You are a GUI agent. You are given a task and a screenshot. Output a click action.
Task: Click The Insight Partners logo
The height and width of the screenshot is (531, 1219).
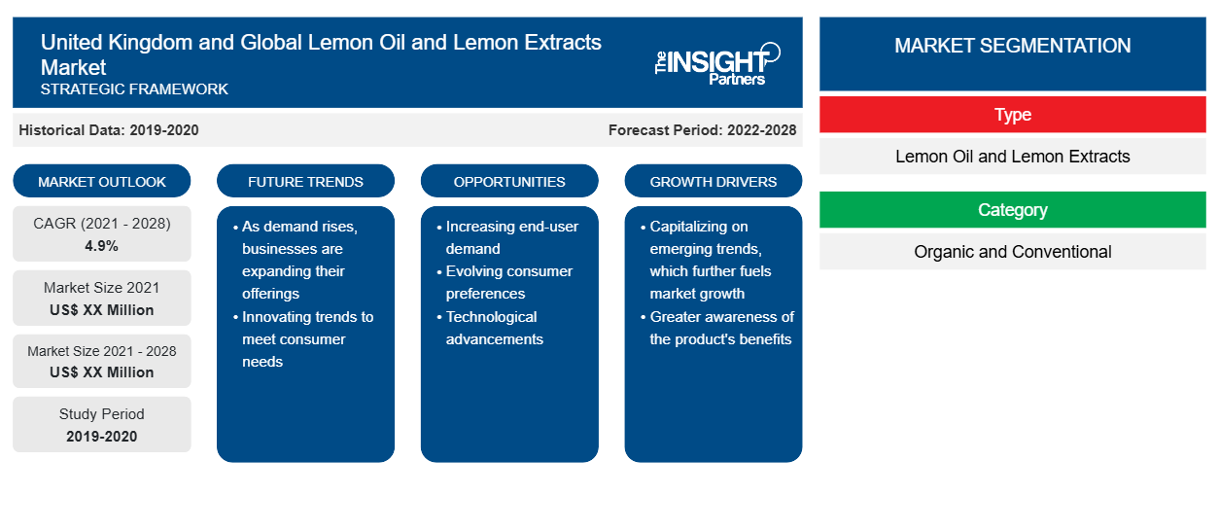click(717, 64)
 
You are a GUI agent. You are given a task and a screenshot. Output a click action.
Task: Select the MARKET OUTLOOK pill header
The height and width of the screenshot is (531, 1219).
click(102, 181)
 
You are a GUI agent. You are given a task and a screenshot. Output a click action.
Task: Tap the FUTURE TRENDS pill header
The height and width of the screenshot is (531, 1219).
click(305, 181)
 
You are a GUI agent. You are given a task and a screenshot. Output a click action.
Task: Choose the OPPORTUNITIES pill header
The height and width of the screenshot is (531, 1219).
click(509, 181)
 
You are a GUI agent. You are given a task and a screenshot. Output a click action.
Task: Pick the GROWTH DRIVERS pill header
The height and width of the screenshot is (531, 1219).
click(713, 181)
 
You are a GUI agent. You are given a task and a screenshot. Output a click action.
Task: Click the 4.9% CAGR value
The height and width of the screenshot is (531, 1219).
click(101, 246)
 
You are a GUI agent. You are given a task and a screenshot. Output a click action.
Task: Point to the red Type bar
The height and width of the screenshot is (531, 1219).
click(1012, 115)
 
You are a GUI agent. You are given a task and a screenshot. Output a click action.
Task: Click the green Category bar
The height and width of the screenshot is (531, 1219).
click(1012, 210)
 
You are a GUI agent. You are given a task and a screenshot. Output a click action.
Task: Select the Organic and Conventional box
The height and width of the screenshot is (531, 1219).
click(1012, 252)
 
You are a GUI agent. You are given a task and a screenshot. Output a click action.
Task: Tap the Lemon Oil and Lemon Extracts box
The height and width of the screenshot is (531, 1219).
click(1012, 157)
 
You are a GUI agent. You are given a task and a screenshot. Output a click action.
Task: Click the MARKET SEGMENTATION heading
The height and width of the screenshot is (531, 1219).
click(1012, 46)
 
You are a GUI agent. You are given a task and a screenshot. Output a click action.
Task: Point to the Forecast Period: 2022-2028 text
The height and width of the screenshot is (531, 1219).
click(702, 130)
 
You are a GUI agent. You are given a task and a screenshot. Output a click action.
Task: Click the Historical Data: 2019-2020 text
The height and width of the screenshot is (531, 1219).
click(109, 130)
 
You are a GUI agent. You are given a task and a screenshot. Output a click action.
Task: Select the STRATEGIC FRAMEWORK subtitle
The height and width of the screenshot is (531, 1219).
click(134, 89)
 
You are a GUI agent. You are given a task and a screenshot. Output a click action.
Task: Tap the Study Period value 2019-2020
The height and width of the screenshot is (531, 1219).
click(102, 437)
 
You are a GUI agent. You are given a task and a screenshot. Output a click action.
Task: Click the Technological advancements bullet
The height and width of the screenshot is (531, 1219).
click(491, 328)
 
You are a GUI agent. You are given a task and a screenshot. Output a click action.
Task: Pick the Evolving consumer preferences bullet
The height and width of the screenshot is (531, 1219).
click(505, 282)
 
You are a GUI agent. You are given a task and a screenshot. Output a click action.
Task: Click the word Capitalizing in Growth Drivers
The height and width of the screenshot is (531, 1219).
click(699, 227)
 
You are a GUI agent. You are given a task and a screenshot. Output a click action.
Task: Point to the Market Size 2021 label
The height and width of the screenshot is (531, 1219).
click(102, 288)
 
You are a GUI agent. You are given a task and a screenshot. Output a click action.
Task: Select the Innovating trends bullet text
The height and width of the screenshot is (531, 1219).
click(304, 338)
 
